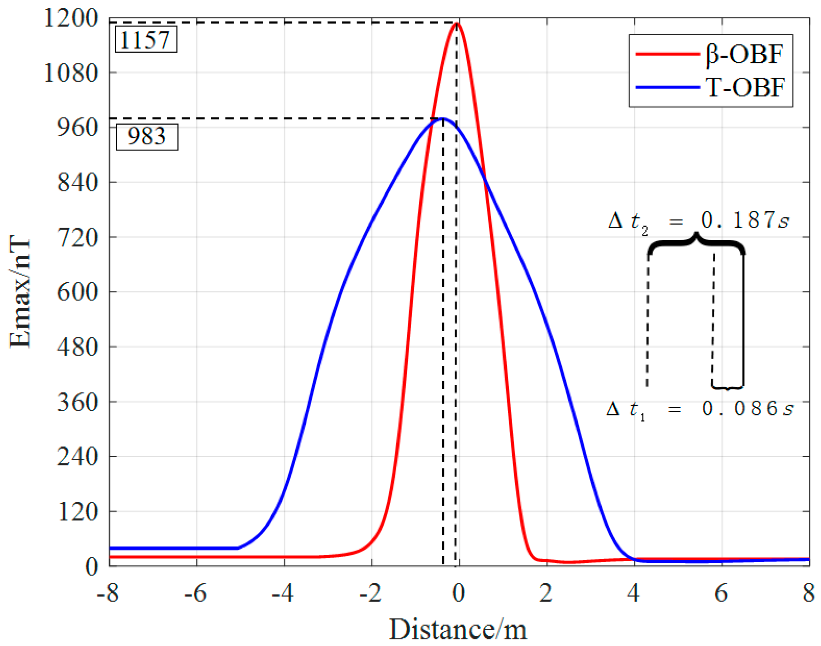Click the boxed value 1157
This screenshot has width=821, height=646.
[146, 39]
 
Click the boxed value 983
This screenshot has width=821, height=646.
[147, 136]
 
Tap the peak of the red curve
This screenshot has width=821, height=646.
[457, 24]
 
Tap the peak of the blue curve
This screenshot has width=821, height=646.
[443, 119]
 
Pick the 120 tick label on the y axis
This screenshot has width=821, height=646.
[78, 512]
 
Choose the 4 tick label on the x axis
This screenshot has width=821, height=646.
[633, 593]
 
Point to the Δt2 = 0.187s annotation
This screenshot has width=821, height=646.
[698, 221]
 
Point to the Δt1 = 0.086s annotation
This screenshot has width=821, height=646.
[700, 409]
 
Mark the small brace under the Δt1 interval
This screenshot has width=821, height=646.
[727, 388]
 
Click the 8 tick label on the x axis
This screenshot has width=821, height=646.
[808, 593]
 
